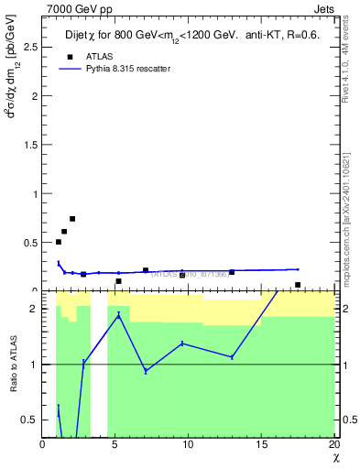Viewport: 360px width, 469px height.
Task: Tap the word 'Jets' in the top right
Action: (x=324, y=7)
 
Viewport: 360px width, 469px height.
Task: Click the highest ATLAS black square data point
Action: (x=72, y=219)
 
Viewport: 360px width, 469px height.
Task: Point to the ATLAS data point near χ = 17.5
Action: (x=298, y=285)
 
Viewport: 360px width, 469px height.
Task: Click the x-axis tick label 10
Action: (x=188, y=444)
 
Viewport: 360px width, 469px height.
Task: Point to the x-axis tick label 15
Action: (x=261, y=444)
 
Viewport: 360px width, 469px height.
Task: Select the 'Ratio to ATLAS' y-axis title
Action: (x=14, y=364)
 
